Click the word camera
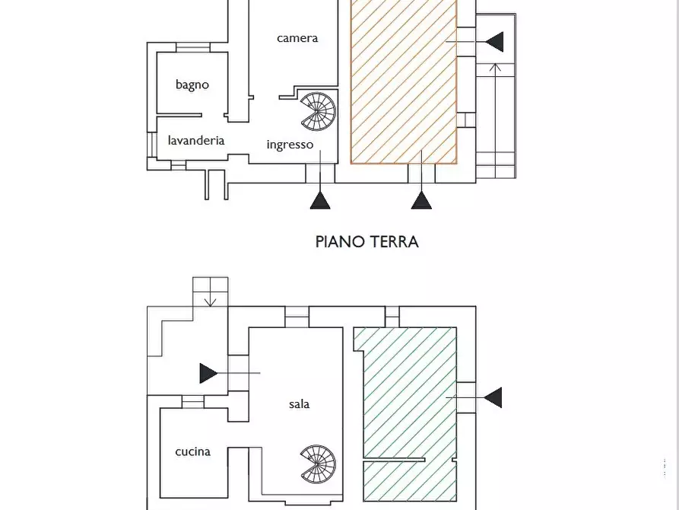tap(297, 38)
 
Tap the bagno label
tap(192, 84)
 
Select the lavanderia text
tap(196, 140)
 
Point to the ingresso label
tap(290, 145)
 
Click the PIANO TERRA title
tap(366, 242)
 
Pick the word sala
tap(299, 404)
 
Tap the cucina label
tap(192, 451)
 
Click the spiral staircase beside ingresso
tap(317, 111)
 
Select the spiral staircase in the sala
tap(318, 464)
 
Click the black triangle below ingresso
tap(320, 200)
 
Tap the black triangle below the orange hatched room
tap(421, 200)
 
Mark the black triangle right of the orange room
tap(494, 41)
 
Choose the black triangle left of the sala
tap(208, 373)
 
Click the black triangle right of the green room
tap(493, 397)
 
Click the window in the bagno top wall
tap(192, 48)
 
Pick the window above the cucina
tap(192, 402)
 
